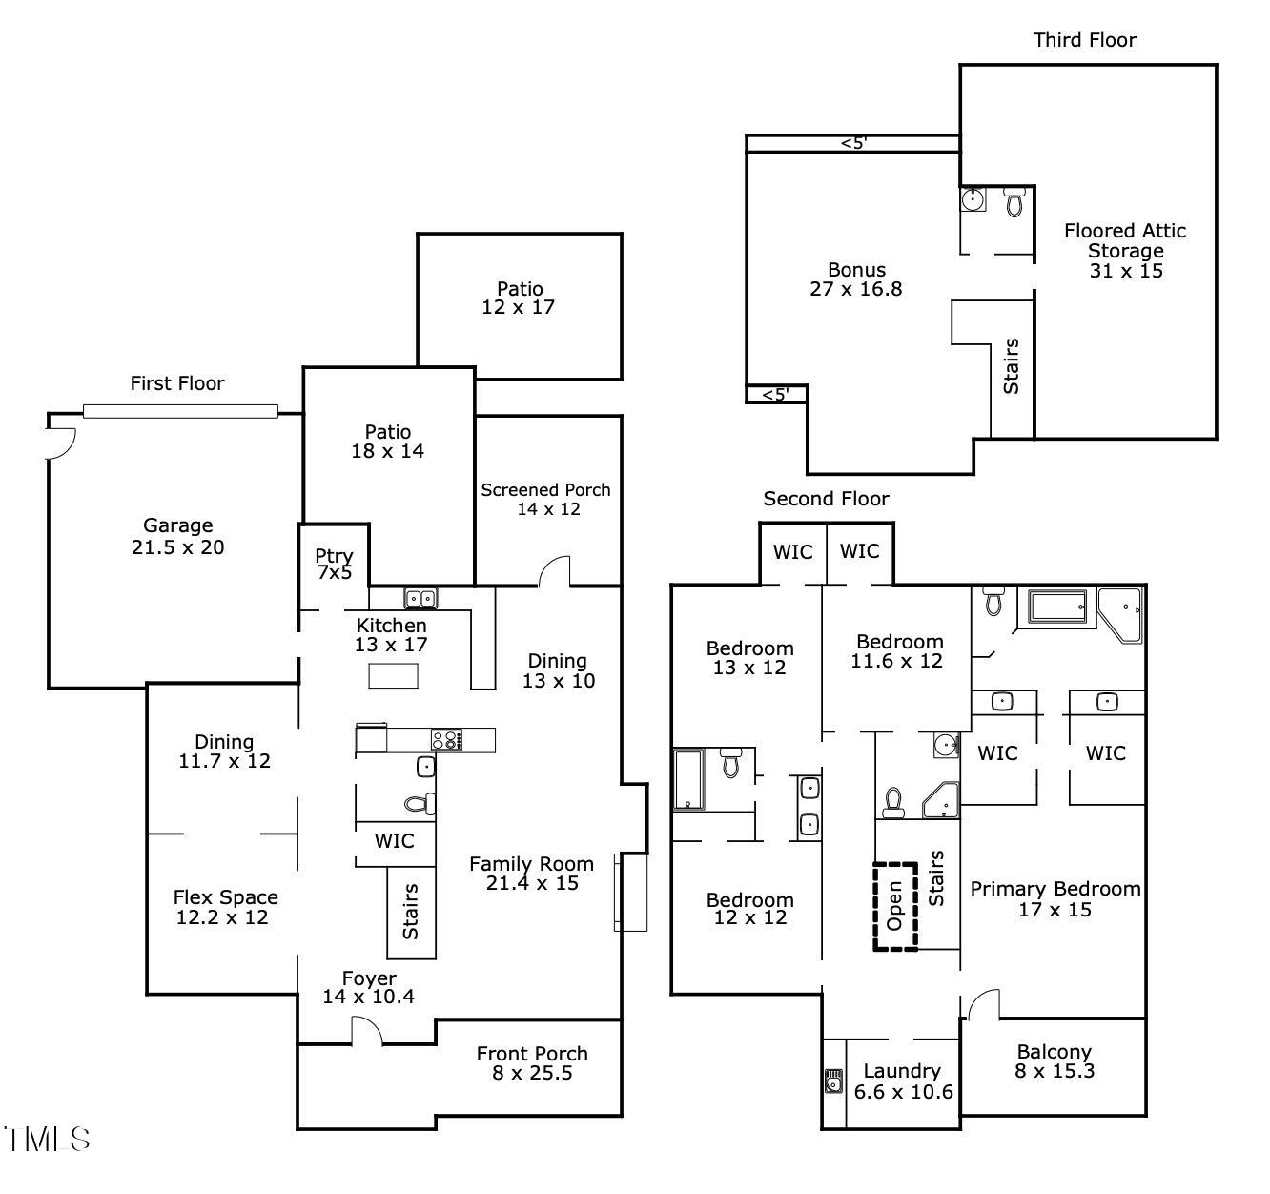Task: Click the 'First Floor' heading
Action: [x=177, y=383]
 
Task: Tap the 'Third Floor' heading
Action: [x=1084, y=40]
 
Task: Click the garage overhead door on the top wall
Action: [x=180, y=412]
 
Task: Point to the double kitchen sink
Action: [x=420, y=599]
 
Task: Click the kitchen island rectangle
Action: [x=394, y=676]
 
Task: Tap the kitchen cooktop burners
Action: [x=445, y=739]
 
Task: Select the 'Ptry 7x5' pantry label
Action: [x=334, y=564]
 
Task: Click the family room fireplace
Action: [x=630, y=892]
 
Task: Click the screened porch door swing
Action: [x=555, y=572]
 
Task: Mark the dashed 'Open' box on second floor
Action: [x=895, y=906]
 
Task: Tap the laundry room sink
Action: [x=834, y=1081]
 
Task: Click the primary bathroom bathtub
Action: [x=1057, y=607]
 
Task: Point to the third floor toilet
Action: [x=1014, y=201]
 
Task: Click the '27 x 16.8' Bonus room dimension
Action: [x=855, y=289]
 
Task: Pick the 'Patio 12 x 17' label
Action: [x=519, y=298]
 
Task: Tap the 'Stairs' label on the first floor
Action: [x=411, y=912]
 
